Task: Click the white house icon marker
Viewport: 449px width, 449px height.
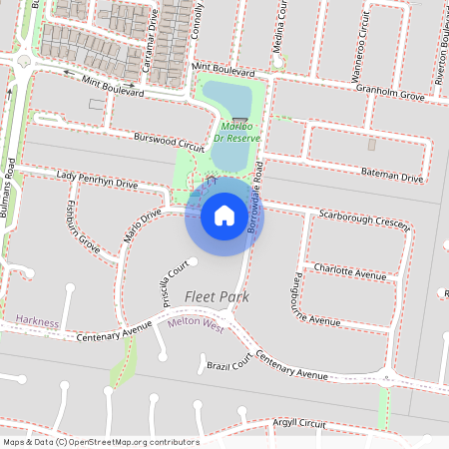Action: [x=224, y=215]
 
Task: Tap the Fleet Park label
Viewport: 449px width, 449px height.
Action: [x=216, y=297]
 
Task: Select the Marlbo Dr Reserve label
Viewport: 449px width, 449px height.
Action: [x=236, y=133]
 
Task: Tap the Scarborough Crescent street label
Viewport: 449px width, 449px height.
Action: [x=364, y=220]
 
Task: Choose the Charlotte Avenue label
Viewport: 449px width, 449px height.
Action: [x=349, y=270]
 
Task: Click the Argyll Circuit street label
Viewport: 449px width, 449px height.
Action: [x=299, y=423]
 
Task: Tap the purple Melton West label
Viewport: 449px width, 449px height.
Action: [x=196, y=322]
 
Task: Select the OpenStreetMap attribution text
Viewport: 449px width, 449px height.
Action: [x=101, y=441]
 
